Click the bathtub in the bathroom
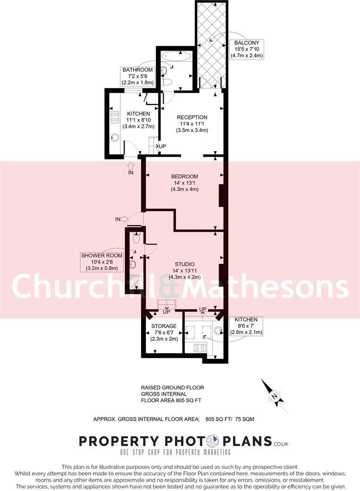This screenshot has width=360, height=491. tap(176, 57)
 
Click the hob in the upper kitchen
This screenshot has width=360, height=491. tap(115, 118)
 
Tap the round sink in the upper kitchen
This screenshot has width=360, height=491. tap(115, 138)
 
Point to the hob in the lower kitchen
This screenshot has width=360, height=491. tap(199, 348)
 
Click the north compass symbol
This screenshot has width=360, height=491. tap(274, 397)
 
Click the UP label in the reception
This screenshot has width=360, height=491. tap(163, 146)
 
